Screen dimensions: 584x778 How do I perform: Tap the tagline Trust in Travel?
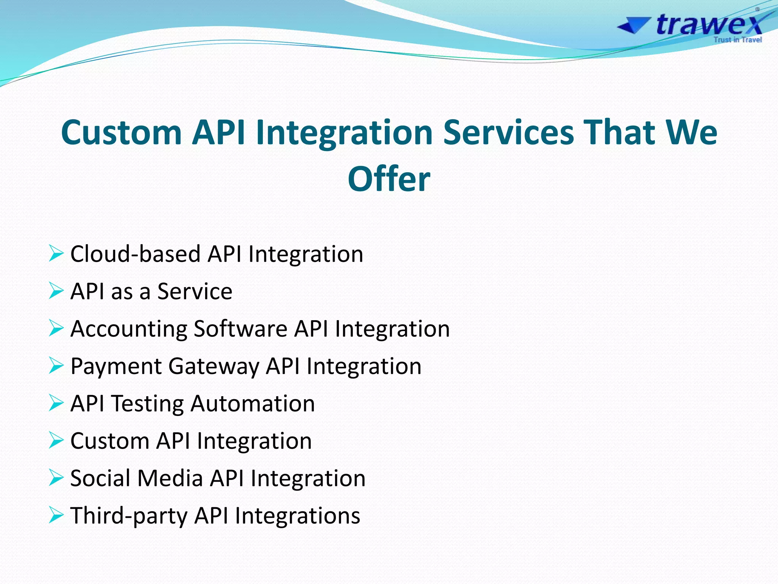pyautogui.click(x=737, y=40)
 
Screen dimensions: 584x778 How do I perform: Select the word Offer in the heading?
pyautogui.click(x=389, y=179)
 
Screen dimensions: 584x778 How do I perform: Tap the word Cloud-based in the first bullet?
pyautogui.click(x=135, y=254)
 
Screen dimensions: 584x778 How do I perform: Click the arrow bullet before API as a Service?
pyautogui.click(x=56, y=291)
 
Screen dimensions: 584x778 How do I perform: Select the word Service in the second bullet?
pyautogui.click(x=194, y=292)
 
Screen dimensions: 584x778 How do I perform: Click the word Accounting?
pyautogui.click(x=129, y=329)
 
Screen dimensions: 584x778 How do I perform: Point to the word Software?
pyautogui.click(x=240, y=328)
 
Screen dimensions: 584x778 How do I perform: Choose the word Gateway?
pyautogui.click(x=214, y=367)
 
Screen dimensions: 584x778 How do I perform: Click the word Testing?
pyautogui.click(x=148, y=404)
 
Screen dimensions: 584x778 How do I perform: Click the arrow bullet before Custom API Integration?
pyautogui.click(x=56, y=441)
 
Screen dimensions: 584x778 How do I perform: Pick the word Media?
pyautogui.click(x=170, y=478)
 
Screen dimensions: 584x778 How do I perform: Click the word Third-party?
pyautogui.click(x=129, y=516)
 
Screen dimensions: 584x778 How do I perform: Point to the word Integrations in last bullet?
pyautogui.click(x=297, y=516)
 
